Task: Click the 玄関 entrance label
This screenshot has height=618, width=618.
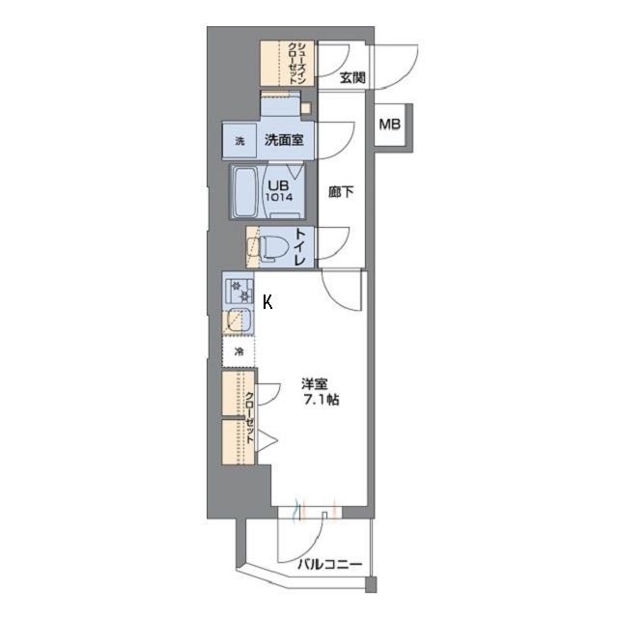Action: point(351,78)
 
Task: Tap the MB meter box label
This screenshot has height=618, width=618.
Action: point(390,125)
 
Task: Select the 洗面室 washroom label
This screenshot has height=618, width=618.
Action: point(285,140)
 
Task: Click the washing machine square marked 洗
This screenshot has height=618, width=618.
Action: point(239,141)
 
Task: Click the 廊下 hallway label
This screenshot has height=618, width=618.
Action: point(342,191)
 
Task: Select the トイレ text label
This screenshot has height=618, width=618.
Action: point(301,248)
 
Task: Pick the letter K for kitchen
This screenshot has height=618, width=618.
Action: point(267,302)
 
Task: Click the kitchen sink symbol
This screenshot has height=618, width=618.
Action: point(238,320)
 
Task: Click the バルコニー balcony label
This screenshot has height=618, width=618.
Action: point(329,565)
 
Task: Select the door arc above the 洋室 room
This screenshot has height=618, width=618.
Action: point(340,288)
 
